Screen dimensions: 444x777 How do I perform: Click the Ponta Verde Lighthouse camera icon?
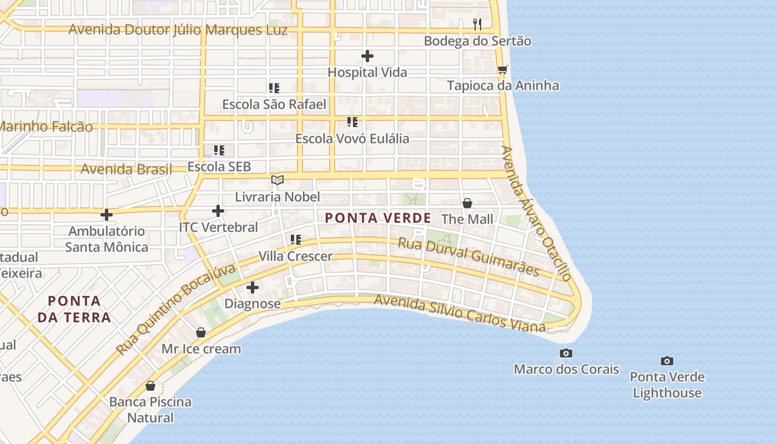pos(667,361)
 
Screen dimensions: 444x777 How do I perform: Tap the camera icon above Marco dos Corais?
pos(566,354)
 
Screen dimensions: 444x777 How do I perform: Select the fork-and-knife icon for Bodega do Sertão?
pos(477,24)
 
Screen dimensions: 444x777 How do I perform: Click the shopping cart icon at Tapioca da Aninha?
pos(503,69)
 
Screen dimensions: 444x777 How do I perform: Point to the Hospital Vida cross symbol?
pos(367,56)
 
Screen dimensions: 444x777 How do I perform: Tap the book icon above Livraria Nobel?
pos(277,180)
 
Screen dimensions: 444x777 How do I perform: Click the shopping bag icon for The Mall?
pos(467,203)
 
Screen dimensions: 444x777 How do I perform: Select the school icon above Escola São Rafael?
pos(274,88)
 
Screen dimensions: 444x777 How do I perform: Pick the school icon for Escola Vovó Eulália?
pos(352,122)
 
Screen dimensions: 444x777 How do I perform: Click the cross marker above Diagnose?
pos(253,287)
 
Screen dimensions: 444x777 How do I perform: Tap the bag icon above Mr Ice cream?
pos(201,333)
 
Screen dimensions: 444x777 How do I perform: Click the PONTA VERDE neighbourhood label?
pos(378,218)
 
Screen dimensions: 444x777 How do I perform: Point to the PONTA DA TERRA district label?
pos(79,309)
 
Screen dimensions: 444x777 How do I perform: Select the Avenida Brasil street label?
pos(126,169)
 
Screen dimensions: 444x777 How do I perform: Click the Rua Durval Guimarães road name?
pos(469,256)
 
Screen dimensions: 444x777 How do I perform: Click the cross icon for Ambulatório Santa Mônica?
pos(107,215)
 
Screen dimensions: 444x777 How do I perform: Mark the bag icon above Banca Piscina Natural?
pos(150,386)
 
